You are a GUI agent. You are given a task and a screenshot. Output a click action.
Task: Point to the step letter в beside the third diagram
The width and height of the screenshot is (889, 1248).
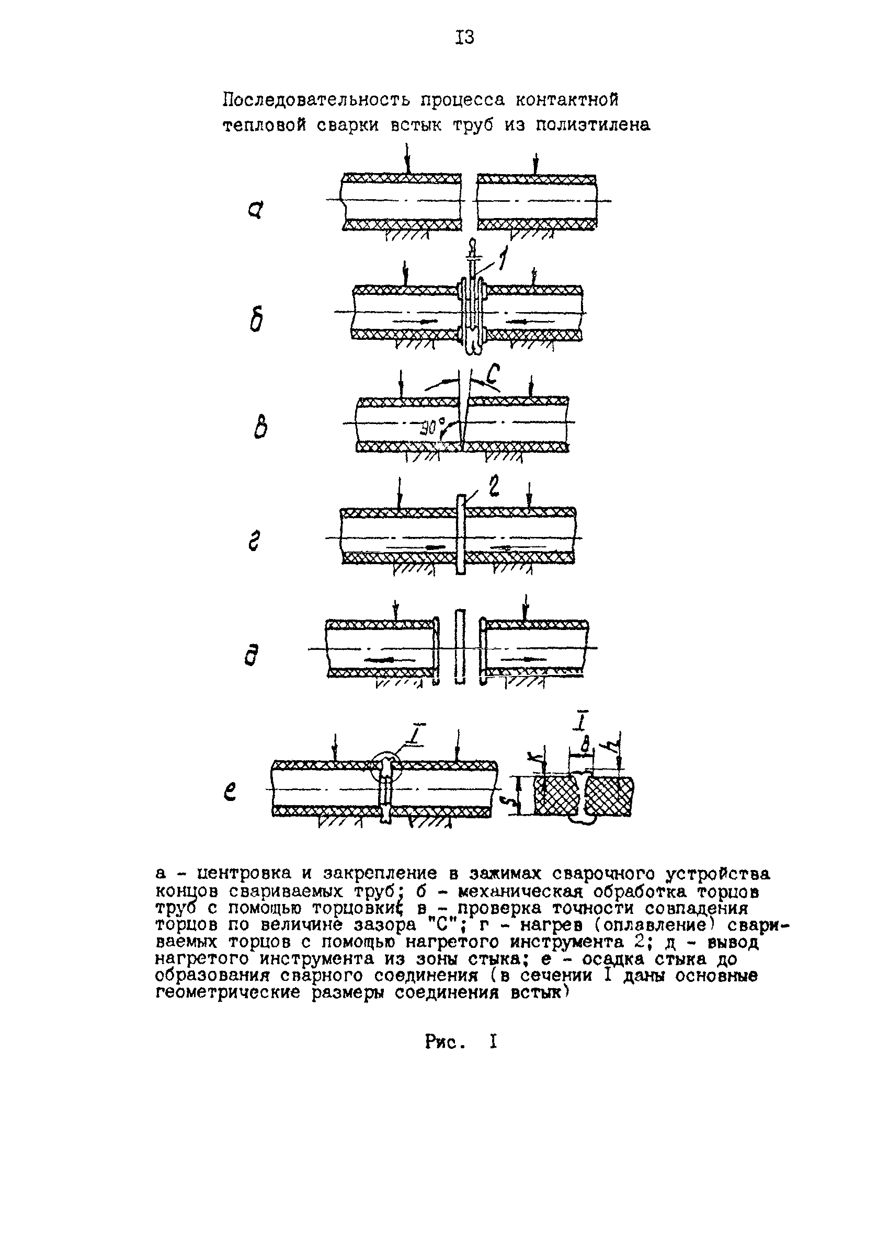pos(260,427)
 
